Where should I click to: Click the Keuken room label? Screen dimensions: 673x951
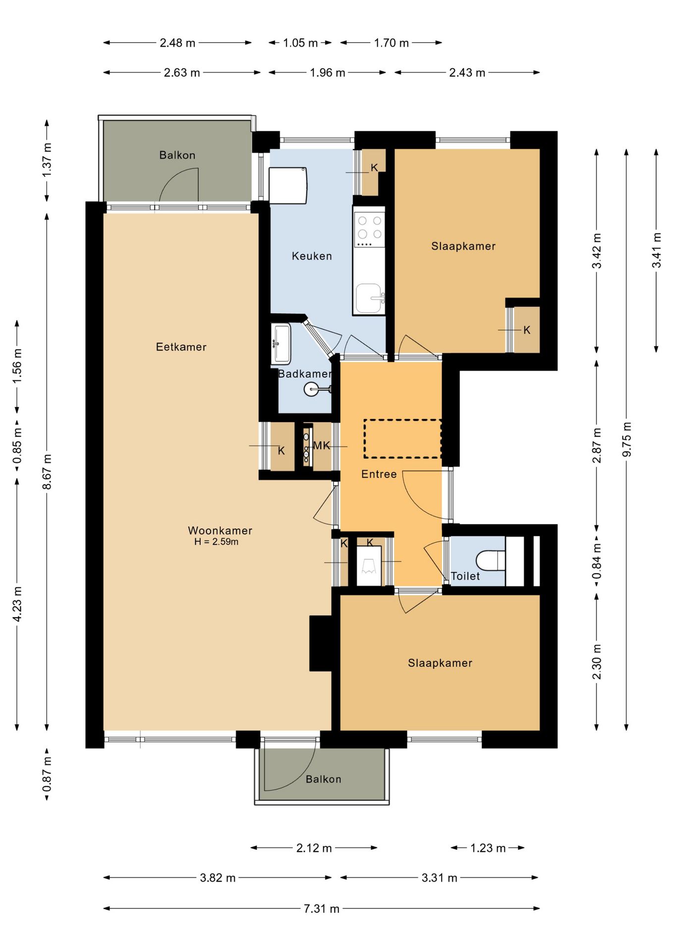coord(312,256)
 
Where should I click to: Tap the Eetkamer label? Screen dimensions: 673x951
coord(181,347)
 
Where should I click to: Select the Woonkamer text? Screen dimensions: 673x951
coord(220,530)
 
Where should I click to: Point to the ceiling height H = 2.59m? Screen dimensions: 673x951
coord(216,542)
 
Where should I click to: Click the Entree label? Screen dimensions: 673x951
coord(379,474)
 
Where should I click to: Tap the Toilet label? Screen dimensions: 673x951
coord(465,576)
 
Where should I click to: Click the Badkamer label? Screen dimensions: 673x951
coord(304,374)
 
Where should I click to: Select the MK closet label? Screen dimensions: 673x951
coord(322,446)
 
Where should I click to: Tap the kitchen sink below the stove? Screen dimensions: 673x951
coord(369,299)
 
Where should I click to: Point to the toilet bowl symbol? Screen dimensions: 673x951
coord(491,561)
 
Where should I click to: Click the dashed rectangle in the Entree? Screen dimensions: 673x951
coord(402,439)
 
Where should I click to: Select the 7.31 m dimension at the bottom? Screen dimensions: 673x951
coord(322,908)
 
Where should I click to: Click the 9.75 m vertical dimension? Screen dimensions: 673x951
coord(627,439)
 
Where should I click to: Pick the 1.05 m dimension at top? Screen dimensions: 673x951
coord(300,43)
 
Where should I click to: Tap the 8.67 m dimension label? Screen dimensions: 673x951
coord(47,472)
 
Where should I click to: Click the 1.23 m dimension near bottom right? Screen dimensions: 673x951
coord(488,848)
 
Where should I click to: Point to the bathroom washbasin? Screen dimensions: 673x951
coord(280,343)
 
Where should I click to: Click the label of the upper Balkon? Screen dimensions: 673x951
coord(177,155)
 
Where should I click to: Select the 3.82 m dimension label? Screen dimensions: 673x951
coord(218,878)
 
